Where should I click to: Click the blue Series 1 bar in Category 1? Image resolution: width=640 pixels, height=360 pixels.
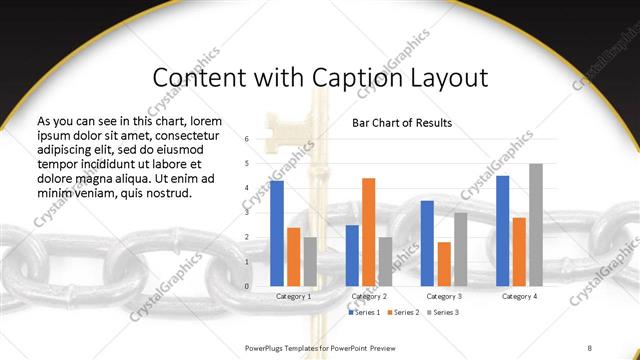pos(277,234)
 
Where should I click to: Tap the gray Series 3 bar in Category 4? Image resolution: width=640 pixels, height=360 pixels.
pos(536,225)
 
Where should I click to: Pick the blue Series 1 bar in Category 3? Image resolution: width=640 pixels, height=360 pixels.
pos(427,244)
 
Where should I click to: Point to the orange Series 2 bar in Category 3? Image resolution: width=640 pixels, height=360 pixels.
pos(444,264)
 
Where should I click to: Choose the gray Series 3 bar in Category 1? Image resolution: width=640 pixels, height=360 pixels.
pos(310,262)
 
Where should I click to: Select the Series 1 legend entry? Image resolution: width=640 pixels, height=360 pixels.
pos(364,313)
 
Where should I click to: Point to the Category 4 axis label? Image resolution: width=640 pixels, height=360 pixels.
pos(519,296)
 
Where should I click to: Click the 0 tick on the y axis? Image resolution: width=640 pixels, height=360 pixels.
pos(247,286)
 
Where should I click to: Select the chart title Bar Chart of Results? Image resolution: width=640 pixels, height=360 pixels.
pos(402,123)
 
